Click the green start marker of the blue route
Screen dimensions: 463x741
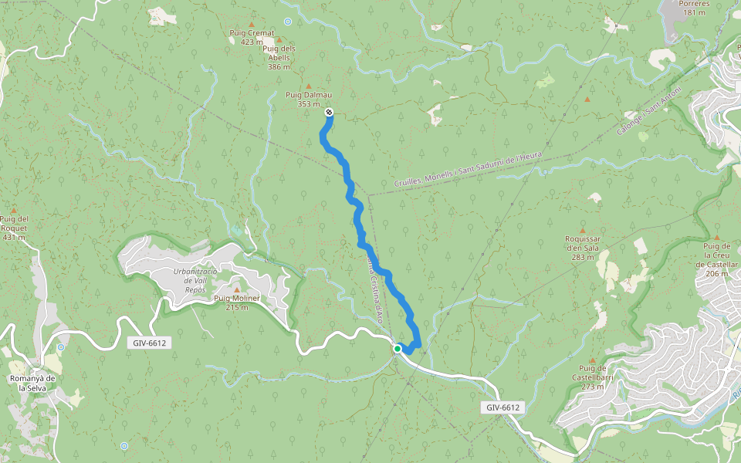coord(398,349)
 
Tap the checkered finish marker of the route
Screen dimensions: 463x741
coord(329,113)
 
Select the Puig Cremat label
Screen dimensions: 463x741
coord(252,32)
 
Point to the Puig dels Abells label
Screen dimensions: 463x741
coord(279,52)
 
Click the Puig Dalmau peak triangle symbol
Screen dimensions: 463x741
coord(309,86)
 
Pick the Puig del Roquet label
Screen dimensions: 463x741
coord(14,223)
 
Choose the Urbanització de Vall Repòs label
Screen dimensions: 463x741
coord(189,275)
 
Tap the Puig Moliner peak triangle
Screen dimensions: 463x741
coord(237,289)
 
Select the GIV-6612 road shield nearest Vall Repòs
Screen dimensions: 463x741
coord(147,343)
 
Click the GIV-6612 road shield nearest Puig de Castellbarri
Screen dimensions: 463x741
coord(504,407)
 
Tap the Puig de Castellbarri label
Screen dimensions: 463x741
coord(591,377)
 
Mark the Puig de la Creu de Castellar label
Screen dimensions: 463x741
coord(716,255)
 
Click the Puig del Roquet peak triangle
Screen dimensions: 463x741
coord(14,210)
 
